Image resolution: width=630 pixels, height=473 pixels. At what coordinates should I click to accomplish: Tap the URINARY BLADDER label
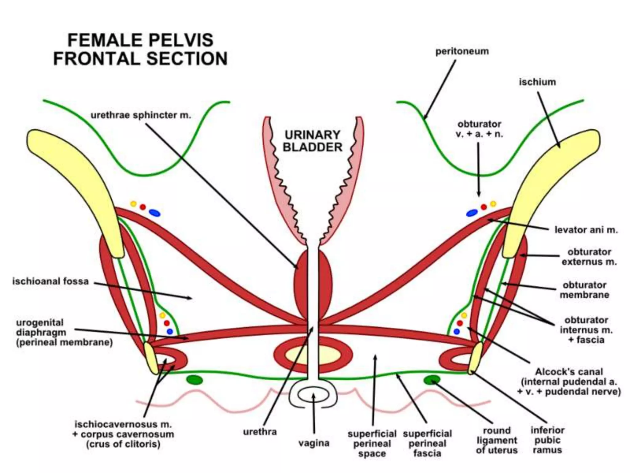[312, 141]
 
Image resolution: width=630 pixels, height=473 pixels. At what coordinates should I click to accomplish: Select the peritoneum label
[462, 51]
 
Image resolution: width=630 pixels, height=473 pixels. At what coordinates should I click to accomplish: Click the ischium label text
[537, 82]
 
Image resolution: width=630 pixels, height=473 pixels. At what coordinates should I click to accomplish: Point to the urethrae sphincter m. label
[141, 115]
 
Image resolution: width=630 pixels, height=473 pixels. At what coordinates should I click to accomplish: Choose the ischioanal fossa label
[50, 281]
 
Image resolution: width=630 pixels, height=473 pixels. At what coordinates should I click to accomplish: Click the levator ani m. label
[586, 230]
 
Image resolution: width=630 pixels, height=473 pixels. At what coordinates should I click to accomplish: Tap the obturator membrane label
[584, 290]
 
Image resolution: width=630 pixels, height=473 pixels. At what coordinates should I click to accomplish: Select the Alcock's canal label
[569, 382]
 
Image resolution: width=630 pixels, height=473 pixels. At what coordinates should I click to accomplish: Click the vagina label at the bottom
[314, 443]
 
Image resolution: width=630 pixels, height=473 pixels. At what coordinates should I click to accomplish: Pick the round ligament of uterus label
[496, 440]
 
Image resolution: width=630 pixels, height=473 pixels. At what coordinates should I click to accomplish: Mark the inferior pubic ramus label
[547, 440]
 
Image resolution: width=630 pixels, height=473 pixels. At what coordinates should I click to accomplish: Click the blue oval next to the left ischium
[154, 212]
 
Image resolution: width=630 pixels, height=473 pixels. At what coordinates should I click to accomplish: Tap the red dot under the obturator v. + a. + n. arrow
[484, 207]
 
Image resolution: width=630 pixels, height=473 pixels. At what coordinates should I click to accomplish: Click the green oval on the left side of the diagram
[195, 380]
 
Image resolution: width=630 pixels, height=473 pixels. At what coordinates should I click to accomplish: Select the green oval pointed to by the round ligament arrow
[432, 380]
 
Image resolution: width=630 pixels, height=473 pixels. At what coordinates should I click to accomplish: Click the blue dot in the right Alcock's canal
[457, 332]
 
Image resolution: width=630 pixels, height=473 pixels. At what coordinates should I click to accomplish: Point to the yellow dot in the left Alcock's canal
[162, 315]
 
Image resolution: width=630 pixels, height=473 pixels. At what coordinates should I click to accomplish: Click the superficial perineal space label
[372, 443]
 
